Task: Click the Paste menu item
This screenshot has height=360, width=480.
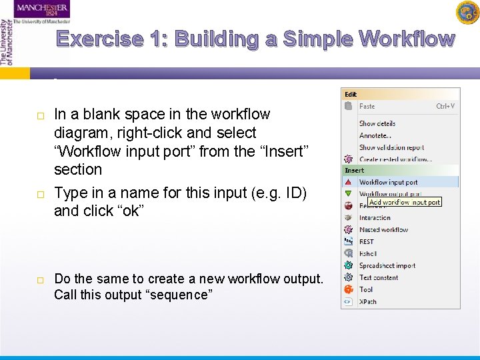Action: (367, 106)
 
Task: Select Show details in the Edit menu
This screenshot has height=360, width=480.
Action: (377, 123)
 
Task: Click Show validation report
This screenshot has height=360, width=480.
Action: (391, 147)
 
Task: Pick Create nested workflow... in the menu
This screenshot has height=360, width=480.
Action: (395, 159)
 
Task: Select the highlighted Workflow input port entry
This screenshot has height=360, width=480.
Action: (388, 182)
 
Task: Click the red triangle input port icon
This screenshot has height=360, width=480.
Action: (348, 182)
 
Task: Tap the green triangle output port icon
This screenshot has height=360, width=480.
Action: (348, 194)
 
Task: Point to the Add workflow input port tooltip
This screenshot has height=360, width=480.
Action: (405, 202)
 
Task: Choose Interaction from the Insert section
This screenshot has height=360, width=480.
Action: (375, 218)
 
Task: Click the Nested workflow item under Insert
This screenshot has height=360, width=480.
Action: (383, 230)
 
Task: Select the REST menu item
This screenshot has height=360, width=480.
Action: (367, 242)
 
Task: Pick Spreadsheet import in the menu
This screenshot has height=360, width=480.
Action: (387, 266)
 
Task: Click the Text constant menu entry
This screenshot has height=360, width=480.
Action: (379, 278)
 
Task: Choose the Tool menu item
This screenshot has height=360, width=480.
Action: (366, 290)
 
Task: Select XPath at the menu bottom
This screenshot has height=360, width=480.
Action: (368, 302)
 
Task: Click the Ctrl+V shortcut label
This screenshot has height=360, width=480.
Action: (445, 106)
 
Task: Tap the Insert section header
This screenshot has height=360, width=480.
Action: (355, 171)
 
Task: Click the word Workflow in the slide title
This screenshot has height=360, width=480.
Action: (406, 39)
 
